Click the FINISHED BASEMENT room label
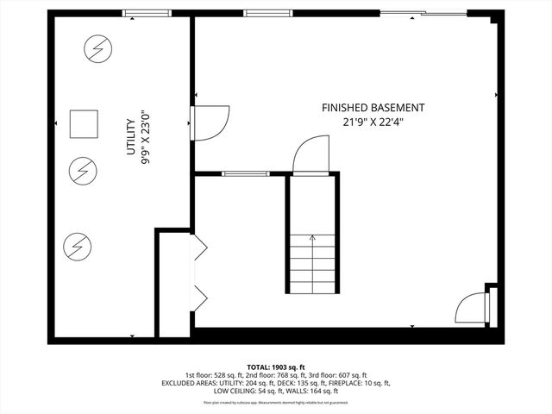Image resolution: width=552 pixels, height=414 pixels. [373, 108]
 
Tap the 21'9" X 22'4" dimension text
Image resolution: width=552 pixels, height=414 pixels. [373, 122]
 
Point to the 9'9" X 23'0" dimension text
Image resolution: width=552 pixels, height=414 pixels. [144, 136]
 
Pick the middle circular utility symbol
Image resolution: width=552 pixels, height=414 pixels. [83, 170]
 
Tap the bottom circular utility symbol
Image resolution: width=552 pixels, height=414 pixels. [76, 248]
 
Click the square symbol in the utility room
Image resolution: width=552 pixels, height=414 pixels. [84, 123]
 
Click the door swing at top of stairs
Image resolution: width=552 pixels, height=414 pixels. [311, 156]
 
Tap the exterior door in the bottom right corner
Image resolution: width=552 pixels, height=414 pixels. [473, 308]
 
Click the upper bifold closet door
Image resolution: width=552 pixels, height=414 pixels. [199, 248]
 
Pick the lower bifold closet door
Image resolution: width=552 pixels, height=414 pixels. [199, 298]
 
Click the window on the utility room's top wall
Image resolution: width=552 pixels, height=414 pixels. [145, 13]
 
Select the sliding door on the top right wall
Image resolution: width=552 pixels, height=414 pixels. [404, 13]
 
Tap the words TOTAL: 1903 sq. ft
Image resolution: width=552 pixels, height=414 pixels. [276, 367]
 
